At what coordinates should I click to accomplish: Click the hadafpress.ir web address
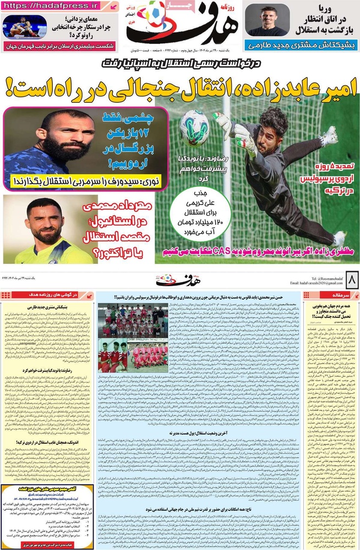coord(53,7)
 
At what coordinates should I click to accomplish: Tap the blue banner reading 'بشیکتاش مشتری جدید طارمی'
coord(299,45)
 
